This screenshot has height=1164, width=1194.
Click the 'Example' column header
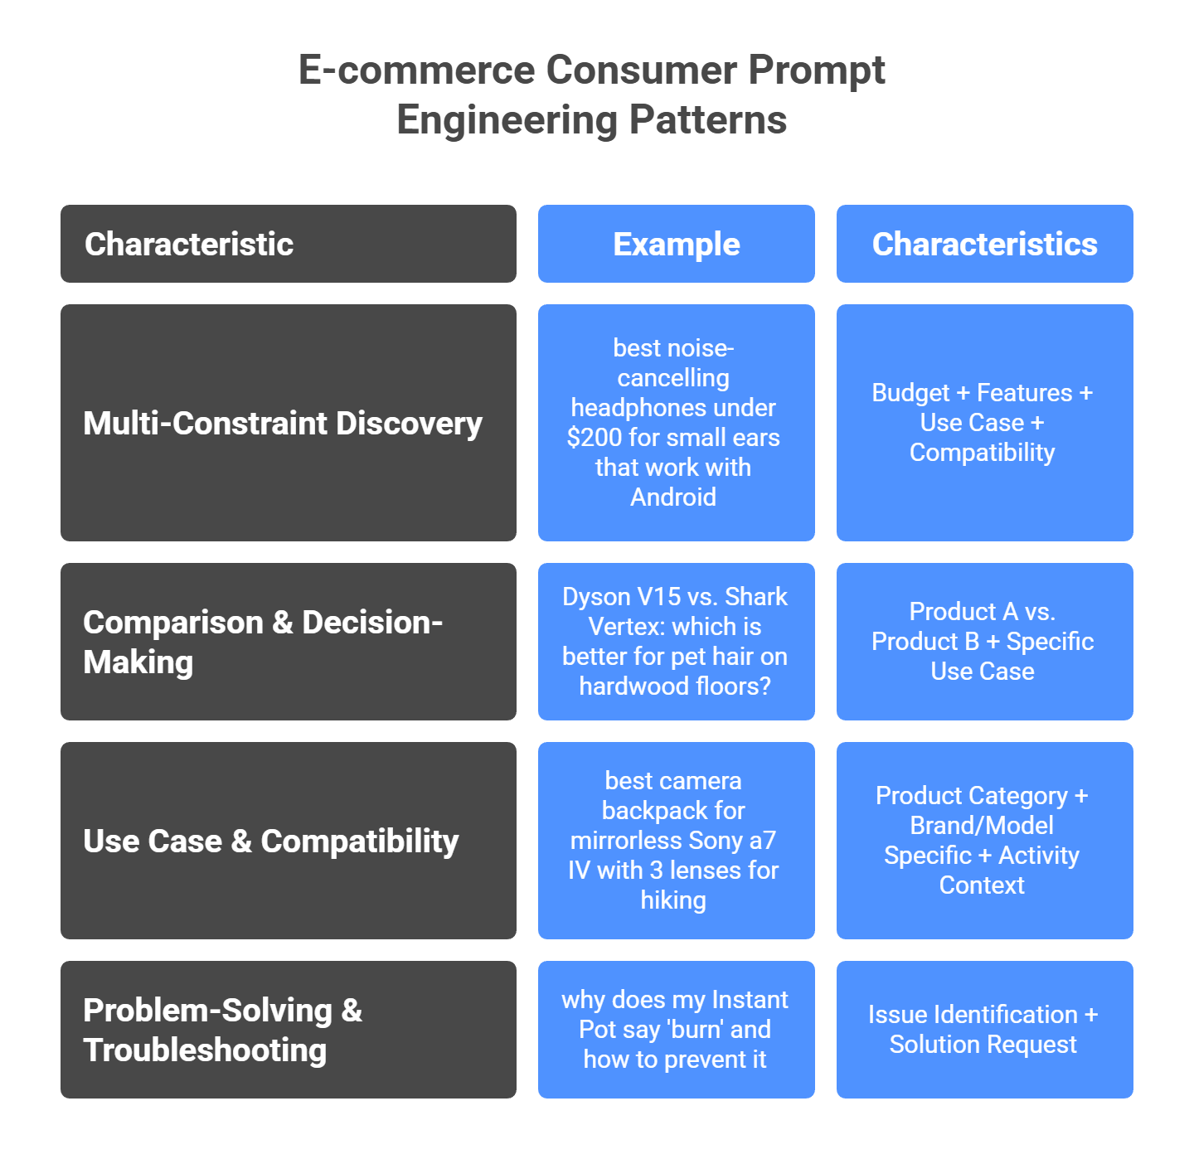tap(676, 245)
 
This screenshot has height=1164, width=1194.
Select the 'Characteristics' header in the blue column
tap(984, 245)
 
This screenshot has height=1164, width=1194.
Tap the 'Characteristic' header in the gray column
tap(189, 245)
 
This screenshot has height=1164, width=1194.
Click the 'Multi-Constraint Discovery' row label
tap(282, 424)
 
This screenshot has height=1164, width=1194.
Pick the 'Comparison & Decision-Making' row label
tap(263, 642)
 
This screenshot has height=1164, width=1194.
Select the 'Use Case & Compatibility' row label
tap(270, 841)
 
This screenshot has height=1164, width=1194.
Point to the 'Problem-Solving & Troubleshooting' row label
tap(222, 1030)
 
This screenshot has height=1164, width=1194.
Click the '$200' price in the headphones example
tap(594, 438)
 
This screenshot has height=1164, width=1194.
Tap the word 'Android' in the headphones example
tap(672, 497)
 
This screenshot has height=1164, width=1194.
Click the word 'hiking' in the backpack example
tap(672, 900)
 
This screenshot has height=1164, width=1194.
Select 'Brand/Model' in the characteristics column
tap(982, 826)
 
